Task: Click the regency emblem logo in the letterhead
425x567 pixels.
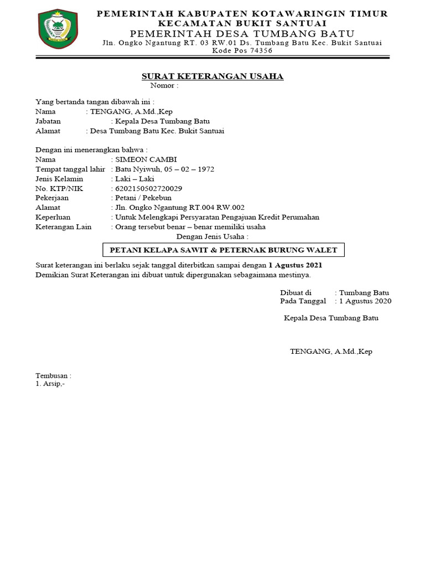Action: [x=54, y=29]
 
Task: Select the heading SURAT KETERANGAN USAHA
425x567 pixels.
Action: [x=212, y=76]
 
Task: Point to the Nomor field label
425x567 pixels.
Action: [x=164, y=86]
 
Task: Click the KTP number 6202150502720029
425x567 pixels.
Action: [x=148, y=188]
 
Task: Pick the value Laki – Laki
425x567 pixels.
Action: [x=134, y=178]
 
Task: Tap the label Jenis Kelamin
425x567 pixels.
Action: [x=59, y=178]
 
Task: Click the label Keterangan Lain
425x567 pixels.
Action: [x=63, y=226]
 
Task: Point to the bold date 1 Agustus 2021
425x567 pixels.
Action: [x=296, y=265]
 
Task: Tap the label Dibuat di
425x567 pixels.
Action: [x=296, y=292]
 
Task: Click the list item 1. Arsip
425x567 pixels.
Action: [x=50, y=384]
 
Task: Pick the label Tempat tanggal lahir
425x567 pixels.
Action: [x=70, y=169]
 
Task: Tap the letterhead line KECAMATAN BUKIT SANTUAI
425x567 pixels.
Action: [x=242, y=23]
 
